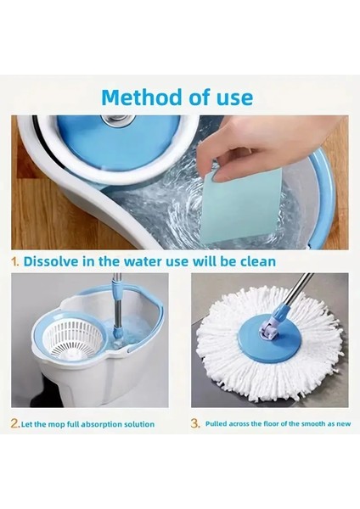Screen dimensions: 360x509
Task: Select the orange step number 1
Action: [15, 261]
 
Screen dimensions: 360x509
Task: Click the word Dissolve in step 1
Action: [51, 261]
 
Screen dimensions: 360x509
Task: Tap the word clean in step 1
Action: [258, 261]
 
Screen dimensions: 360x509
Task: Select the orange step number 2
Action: [14, 423]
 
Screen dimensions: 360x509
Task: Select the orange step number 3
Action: [195, 423]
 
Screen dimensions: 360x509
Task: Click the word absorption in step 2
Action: [99, 425]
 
